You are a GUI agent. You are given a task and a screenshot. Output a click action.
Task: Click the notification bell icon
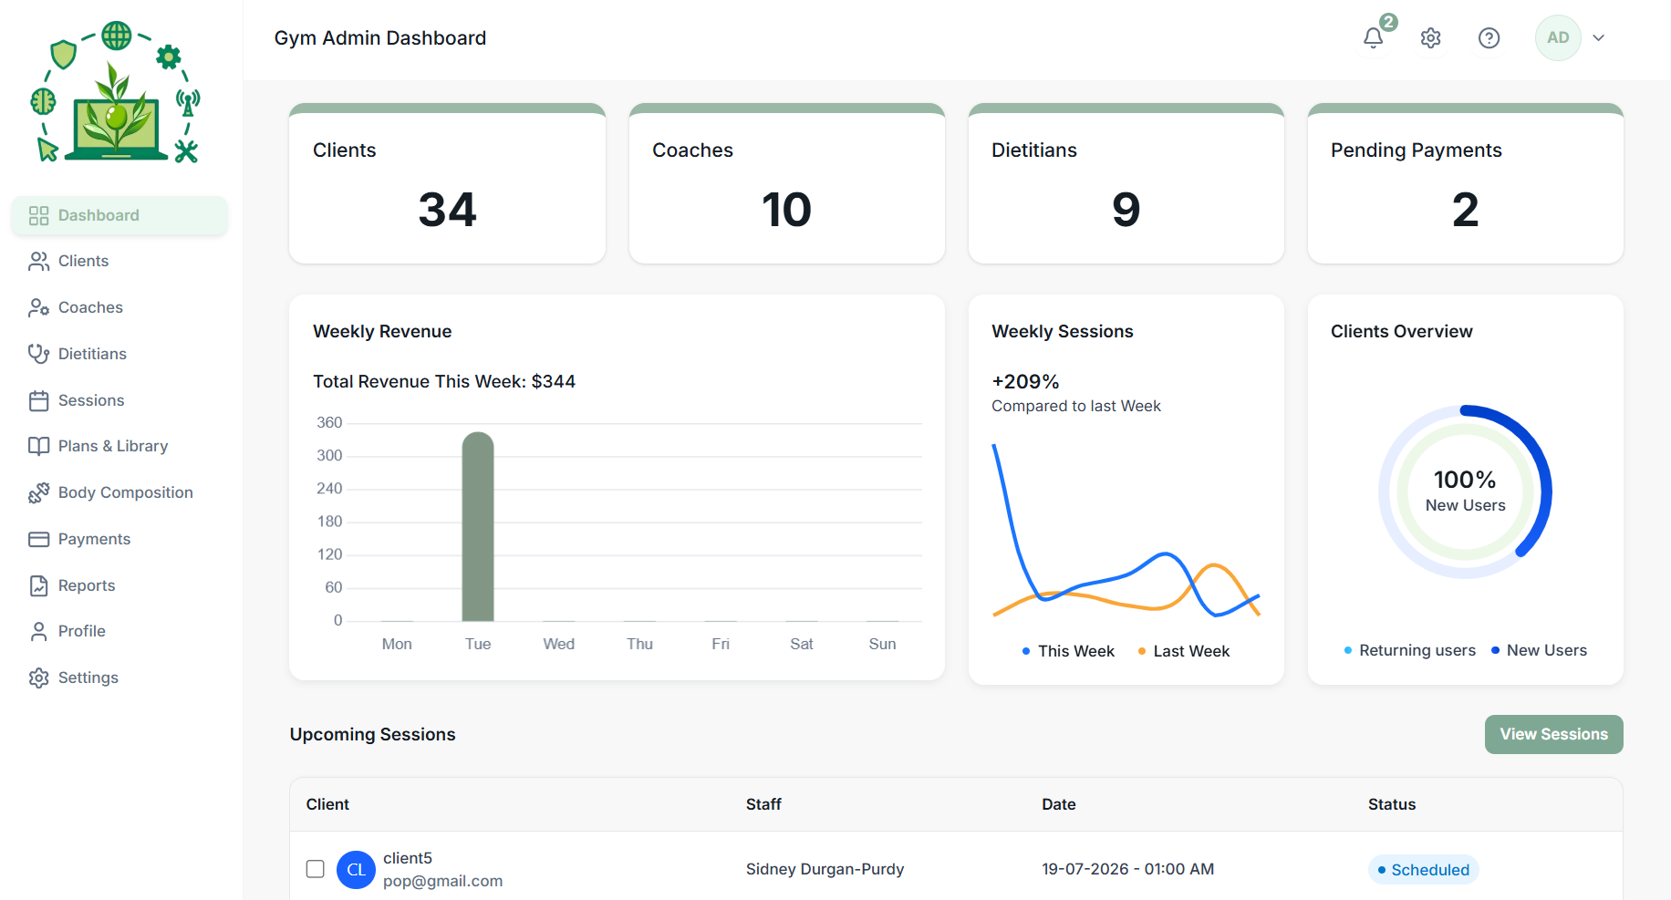[1373, 37]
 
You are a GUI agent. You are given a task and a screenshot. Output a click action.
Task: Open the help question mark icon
[1489, 37]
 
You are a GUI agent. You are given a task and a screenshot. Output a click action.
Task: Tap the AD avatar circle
[1558, 37]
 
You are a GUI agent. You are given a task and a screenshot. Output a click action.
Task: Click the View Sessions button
[1553, 734]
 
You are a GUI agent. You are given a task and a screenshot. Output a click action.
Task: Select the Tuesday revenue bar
[478, 526]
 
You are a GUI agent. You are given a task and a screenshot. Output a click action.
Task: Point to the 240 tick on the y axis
[329, 489]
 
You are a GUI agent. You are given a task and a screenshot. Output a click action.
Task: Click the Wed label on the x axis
[559, 644]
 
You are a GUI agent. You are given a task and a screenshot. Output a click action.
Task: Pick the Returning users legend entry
[1409, 650]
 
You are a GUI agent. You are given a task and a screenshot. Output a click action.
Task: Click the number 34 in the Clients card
[447, 210]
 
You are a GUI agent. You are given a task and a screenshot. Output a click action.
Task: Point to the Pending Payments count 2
[1465, 210]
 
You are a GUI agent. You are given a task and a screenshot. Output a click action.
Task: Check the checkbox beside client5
[316, 869]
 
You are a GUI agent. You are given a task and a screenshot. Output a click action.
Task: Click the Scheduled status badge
[1423, 870]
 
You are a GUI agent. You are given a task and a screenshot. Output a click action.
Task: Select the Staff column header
[763, 804]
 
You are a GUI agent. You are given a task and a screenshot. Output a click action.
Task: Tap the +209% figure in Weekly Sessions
[1025, 381]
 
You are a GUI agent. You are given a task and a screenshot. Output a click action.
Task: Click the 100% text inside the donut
[1465, 480]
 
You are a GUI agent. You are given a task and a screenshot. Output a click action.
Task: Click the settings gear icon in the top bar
[1430, 37]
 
